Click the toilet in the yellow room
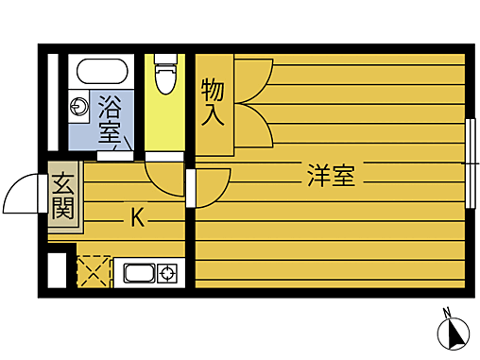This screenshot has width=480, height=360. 166,76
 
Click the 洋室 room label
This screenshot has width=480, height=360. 330,175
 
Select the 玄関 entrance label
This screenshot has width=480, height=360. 62,197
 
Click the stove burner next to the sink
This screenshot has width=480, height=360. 168,275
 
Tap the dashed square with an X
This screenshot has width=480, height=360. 93,271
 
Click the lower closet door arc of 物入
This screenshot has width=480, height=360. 252,127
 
